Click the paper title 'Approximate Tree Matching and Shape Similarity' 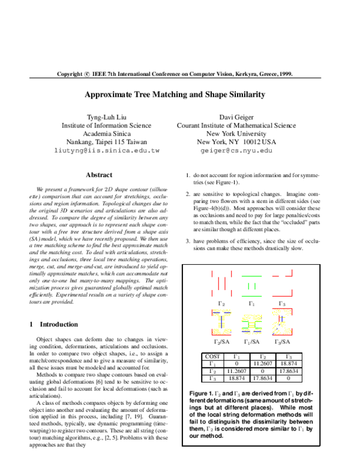180,95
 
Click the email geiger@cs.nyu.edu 236,151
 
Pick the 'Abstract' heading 99,175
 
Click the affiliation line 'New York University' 236,134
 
